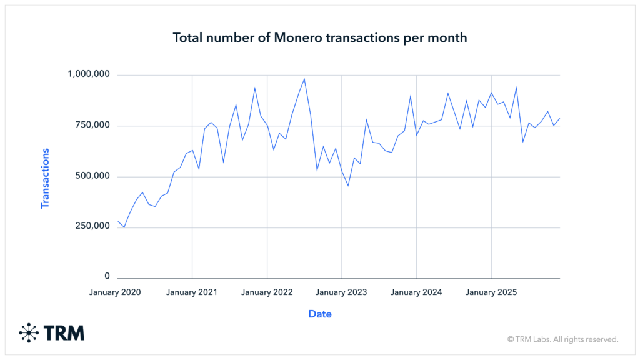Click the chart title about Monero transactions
coord(319,38)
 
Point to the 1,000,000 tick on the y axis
coord(89,74)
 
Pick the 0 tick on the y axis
coord(107,276)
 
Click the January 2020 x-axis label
coord(115,292)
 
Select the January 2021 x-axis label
coord(191,292)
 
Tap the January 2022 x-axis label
coord(267,292)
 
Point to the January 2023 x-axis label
coord(341,292)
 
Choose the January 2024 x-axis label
coord(416,292)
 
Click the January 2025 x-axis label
coord(491,292)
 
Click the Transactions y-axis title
coord(45,178)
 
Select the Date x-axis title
coord(320,314)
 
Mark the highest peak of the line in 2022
coord(304,79)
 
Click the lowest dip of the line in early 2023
coord(348,186)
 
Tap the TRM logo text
coord(64,333)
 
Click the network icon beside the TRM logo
coord(29,333)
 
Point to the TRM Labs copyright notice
coord(562,339)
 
